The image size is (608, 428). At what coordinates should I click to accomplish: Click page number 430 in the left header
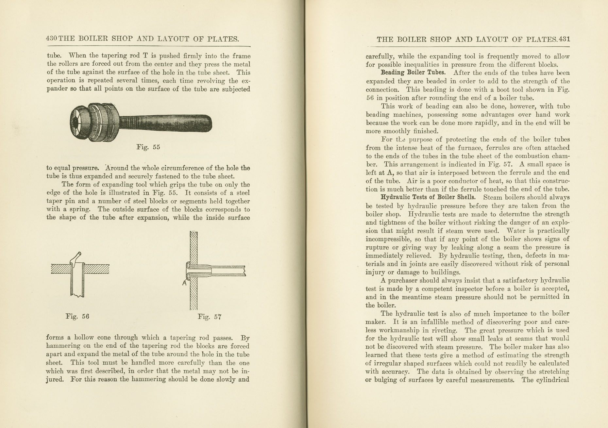coord(52,39)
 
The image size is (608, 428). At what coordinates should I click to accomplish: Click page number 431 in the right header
coord(565,39)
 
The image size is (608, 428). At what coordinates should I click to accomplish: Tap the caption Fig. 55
coord(148,147)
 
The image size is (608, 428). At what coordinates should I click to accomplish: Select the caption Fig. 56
coord(77,316)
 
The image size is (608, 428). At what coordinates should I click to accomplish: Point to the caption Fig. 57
coord(210,317)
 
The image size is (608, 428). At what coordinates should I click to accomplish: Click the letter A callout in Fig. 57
coord(184,283)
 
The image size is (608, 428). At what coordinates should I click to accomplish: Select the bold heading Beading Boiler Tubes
coord(413,73)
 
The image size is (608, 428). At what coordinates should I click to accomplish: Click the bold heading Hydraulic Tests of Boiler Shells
coord(428,197)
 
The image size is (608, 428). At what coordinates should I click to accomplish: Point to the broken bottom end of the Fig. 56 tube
coord(77,296)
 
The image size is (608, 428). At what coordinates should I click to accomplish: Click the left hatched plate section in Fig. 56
coord(61,269)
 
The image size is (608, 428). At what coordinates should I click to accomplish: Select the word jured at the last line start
coord(54,380)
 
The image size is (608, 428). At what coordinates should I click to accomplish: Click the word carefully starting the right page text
coord(379,56)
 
